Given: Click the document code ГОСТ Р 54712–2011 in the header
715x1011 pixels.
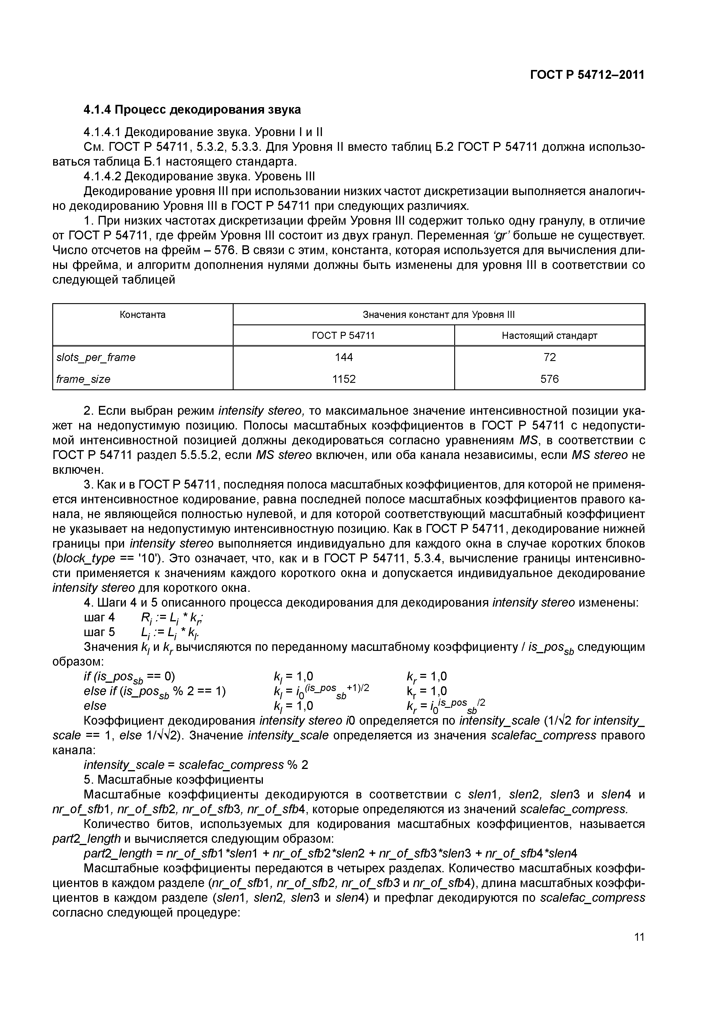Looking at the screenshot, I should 587,75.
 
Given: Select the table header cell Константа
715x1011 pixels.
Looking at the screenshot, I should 143,314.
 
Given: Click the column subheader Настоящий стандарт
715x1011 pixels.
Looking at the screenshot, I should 549,336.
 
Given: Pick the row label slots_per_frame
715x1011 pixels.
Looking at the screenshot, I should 96,357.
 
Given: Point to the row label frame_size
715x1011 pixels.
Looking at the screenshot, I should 84,379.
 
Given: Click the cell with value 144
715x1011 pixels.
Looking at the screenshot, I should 344,357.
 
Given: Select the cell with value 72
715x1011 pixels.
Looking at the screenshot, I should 549,357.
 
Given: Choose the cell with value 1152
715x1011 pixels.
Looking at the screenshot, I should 344,379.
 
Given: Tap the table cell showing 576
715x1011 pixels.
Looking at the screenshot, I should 549,379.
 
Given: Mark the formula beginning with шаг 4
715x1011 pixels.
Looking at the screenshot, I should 143,618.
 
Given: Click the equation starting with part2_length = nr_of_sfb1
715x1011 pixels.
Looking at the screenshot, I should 330,853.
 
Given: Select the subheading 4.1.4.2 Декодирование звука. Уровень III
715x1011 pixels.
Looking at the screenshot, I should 199,177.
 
